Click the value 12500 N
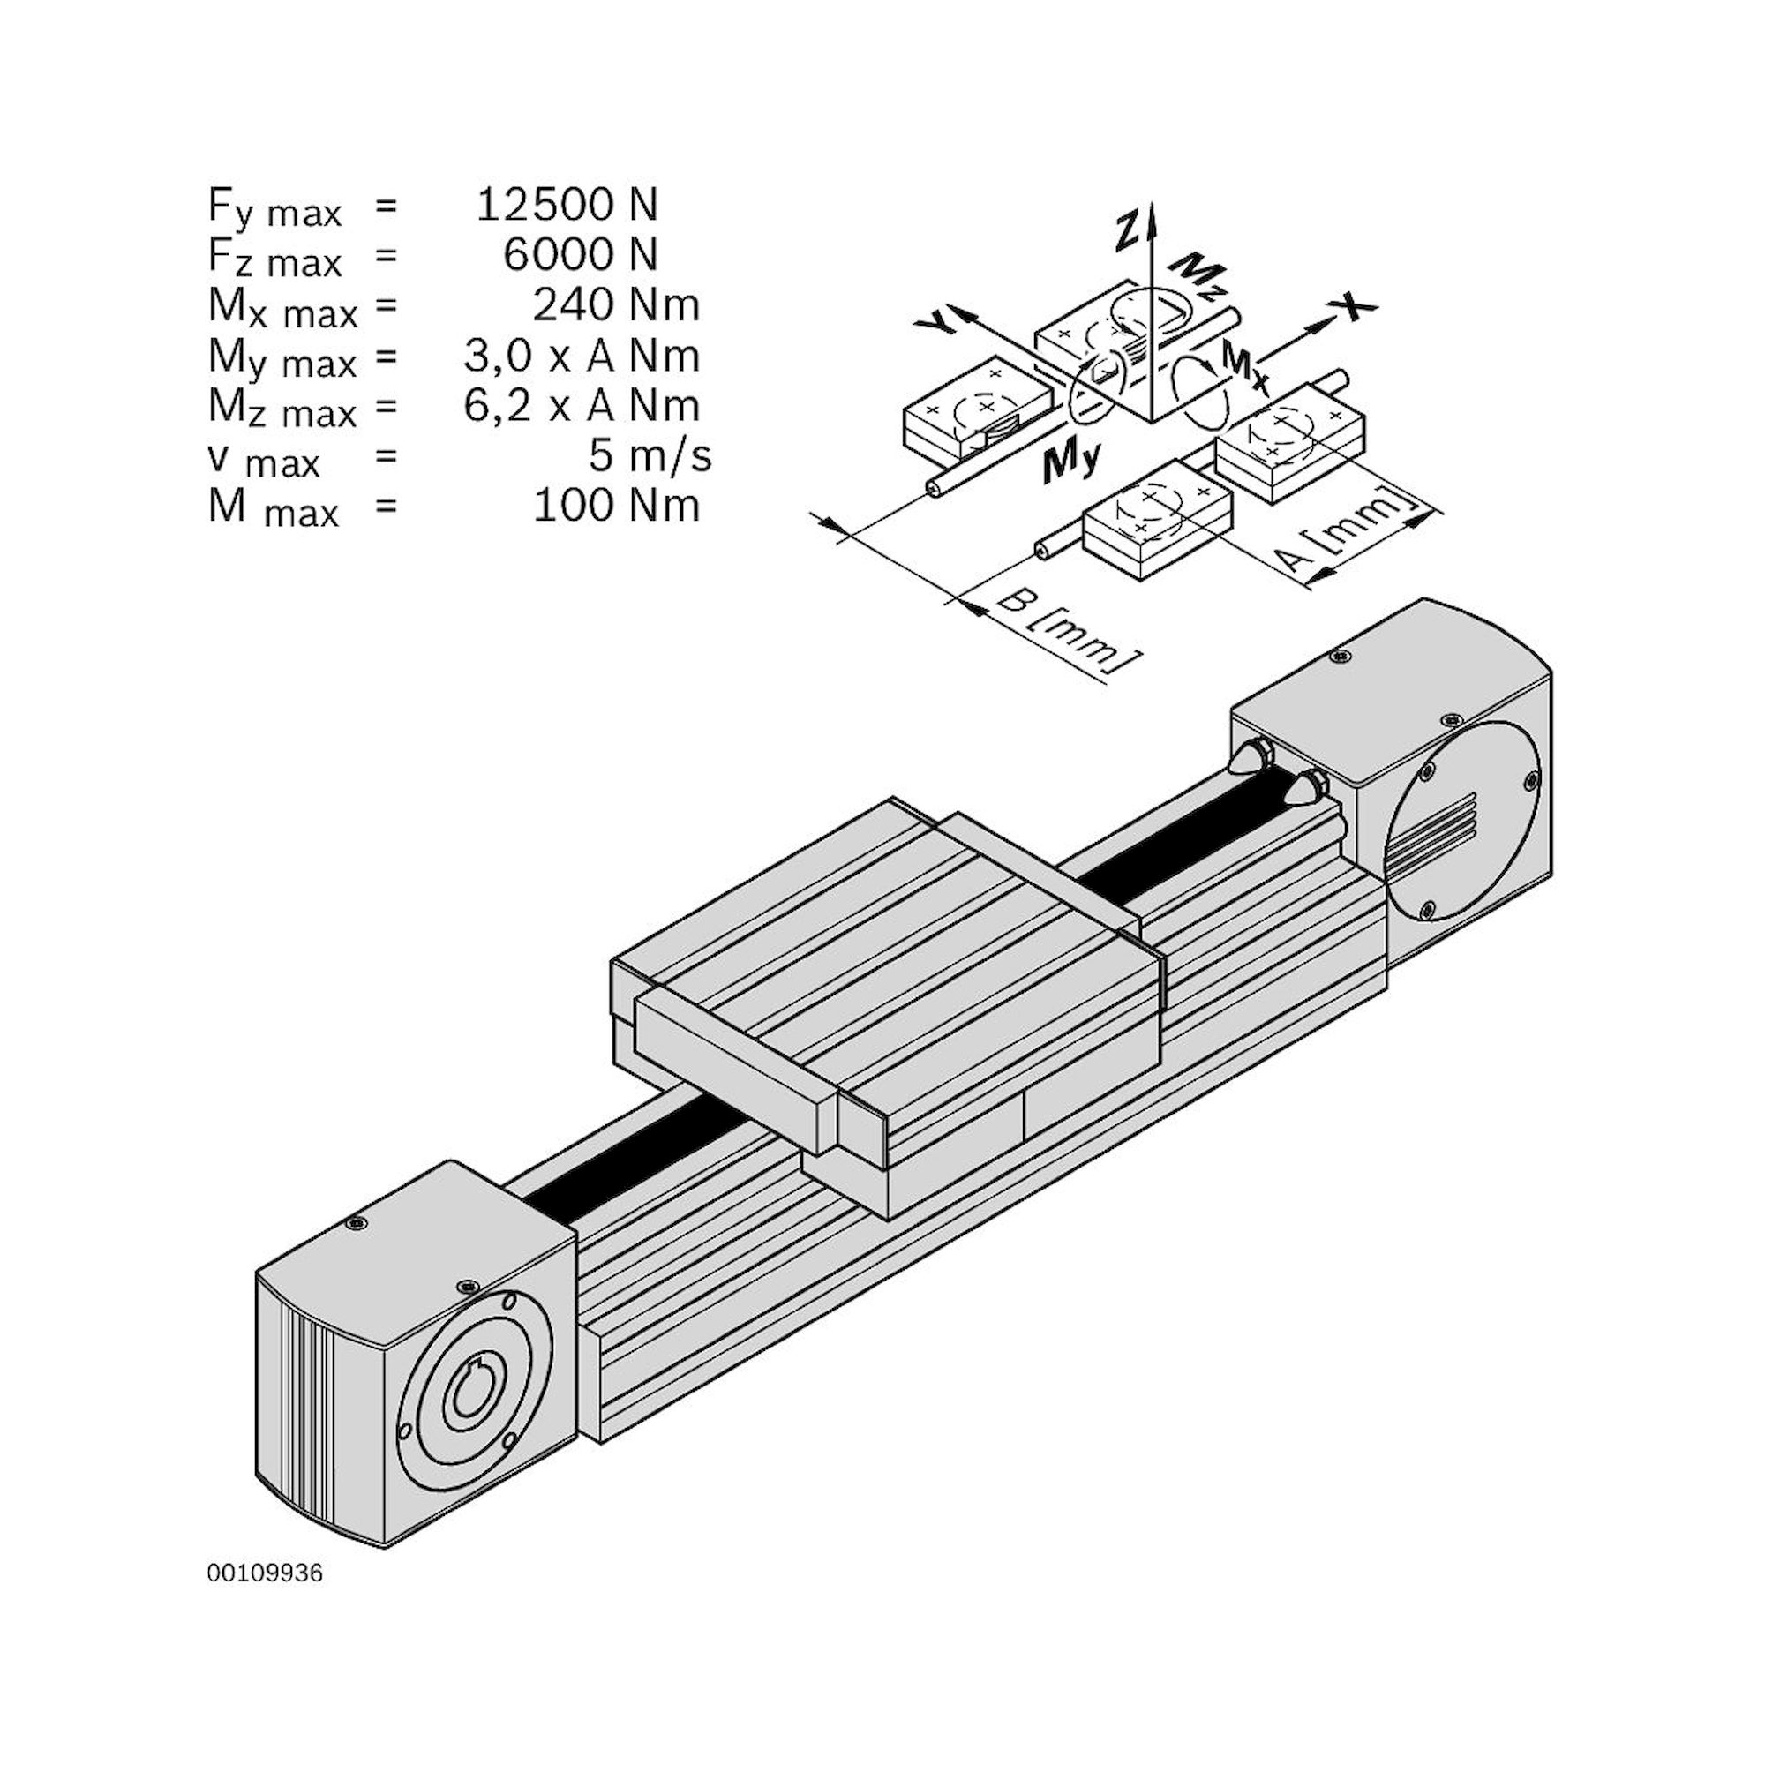point(567,205)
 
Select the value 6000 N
point(579,255)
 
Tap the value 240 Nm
point(616,305)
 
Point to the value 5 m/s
point(649,455)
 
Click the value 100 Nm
point(616,505)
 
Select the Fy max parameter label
point(274,208)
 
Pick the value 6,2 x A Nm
point(581,406)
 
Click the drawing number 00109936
point(265,1573)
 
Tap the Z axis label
point(1130,229)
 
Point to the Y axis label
point(938,320)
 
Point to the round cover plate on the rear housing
point(1462,819)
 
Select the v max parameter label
point(265,460)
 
